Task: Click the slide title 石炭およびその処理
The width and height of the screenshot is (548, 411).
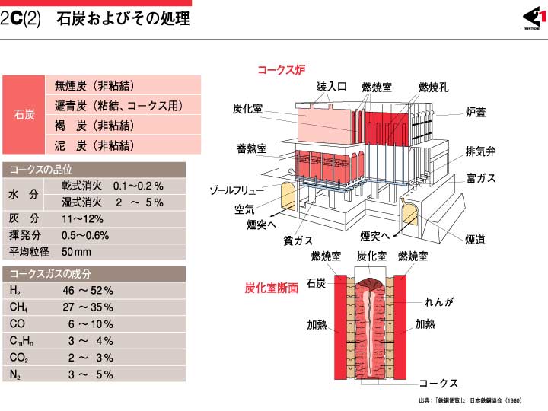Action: click(x=123, y=18)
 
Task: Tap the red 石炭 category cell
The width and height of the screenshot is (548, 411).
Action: click(x=24, y=114)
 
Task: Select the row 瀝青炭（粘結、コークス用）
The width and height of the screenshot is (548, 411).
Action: click(x=119, y=105)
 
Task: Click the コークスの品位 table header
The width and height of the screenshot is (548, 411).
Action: click(x=94, y=170)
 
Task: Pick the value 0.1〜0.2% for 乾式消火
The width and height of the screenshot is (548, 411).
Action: click(x=138, y=186)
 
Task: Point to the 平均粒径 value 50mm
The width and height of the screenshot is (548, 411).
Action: click(x=76, y=252)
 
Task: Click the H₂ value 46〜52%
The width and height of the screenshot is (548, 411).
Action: click(x=88, y=291)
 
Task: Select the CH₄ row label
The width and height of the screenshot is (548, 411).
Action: click(x=18, y=307)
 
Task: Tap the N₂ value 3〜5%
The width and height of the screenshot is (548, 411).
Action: click(x=91, y=374)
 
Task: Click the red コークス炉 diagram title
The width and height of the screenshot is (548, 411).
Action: click(x=282, y=69)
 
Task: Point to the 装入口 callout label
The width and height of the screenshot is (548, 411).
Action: click(x=331, y=86)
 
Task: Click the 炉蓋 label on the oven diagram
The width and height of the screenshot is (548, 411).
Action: click(x=475, y=112)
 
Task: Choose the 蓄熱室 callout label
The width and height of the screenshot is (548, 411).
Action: click(x=252, y=148)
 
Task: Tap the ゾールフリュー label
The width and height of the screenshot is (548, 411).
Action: click(x=237, y=190)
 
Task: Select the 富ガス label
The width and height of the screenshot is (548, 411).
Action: click(x=480, y=178)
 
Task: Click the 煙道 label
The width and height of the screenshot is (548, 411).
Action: click(x=475, y=240)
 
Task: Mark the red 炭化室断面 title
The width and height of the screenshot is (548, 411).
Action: click(x=272, y=288)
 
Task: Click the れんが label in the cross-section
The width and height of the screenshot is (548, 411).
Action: click(x=439, y=301)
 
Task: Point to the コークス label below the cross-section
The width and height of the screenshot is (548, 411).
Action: click(x=438, y=383)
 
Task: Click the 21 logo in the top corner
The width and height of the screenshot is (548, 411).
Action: click(x=534, y=18)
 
